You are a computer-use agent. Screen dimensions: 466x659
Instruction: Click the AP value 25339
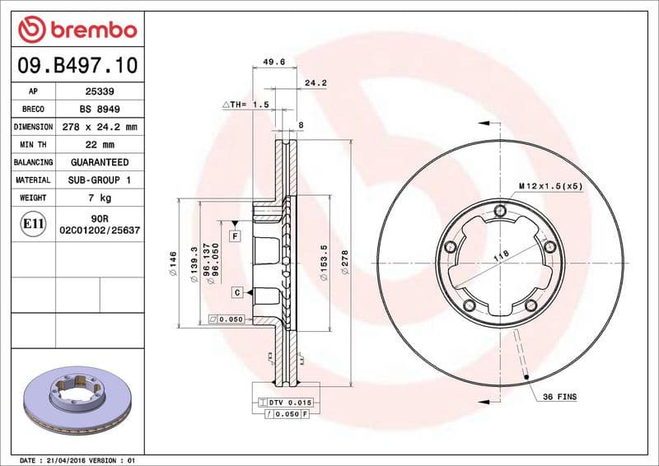point(100,91)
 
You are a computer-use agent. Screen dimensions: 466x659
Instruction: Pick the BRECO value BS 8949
point(100,110)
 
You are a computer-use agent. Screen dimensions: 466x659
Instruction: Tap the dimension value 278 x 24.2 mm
point(100,128)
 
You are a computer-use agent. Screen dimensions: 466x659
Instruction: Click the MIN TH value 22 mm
point(100,145)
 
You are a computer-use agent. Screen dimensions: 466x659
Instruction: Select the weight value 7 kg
point(100,198)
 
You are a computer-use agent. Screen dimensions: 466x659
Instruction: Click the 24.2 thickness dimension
point(315,83)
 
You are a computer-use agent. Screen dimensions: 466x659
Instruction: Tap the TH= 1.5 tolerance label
point(246,105)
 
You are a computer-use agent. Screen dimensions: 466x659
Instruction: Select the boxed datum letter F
point(235,236)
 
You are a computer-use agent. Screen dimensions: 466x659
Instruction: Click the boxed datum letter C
point(236,292)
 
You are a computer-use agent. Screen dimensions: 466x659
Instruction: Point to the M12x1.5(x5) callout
point(550,186)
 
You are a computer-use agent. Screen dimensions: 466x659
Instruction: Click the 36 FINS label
point(559,397)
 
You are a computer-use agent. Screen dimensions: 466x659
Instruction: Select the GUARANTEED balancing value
point(100,163)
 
